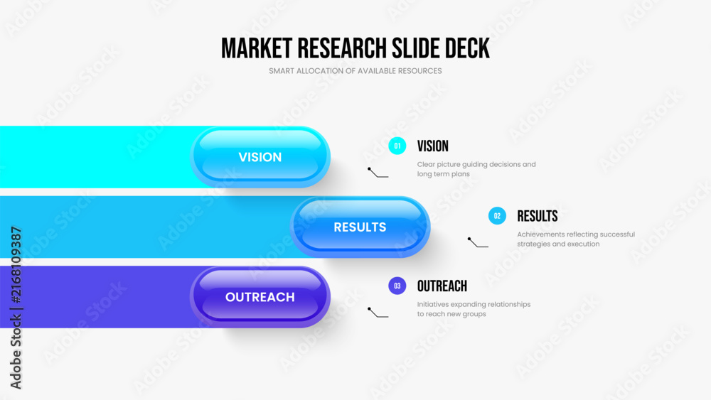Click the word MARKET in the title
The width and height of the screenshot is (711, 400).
pyautogui.click(x=257, y=48)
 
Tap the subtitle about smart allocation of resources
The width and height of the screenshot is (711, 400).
pyautogui.click(x=355, y=71)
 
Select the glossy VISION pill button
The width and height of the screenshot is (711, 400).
pyautogui.click(x=260, y=157)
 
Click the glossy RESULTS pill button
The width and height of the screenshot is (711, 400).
pyautogui.click(x=360, y=227)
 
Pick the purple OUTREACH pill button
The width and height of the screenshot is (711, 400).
pyautogui.click(x=260, y=297)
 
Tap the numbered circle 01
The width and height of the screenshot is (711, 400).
pyautogui.click(x=397, y=146)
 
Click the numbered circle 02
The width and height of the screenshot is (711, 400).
pyautogui.click(x=497, y=216)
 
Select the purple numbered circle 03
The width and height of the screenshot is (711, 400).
pyautogui.click(x=397, y=286)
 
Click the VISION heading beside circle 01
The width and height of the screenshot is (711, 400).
pyautogui.click(x=432, y=146)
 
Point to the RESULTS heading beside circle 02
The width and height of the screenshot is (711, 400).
pyautogui.click(x=538, y=216)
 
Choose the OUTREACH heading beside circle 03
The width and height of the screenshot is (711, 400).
pyautogui.click(x=442, y=286)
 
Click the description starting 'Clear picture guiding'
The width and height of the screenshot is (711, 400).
pyautogui.click(x=476, y=169)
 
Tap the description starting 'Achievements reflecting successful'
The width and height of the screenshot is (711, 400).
pyautogui.click(x=576, y=239)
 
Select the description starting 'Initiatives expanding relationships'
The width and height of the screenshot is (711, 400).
pyautogui.click(x=474, y=309)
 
